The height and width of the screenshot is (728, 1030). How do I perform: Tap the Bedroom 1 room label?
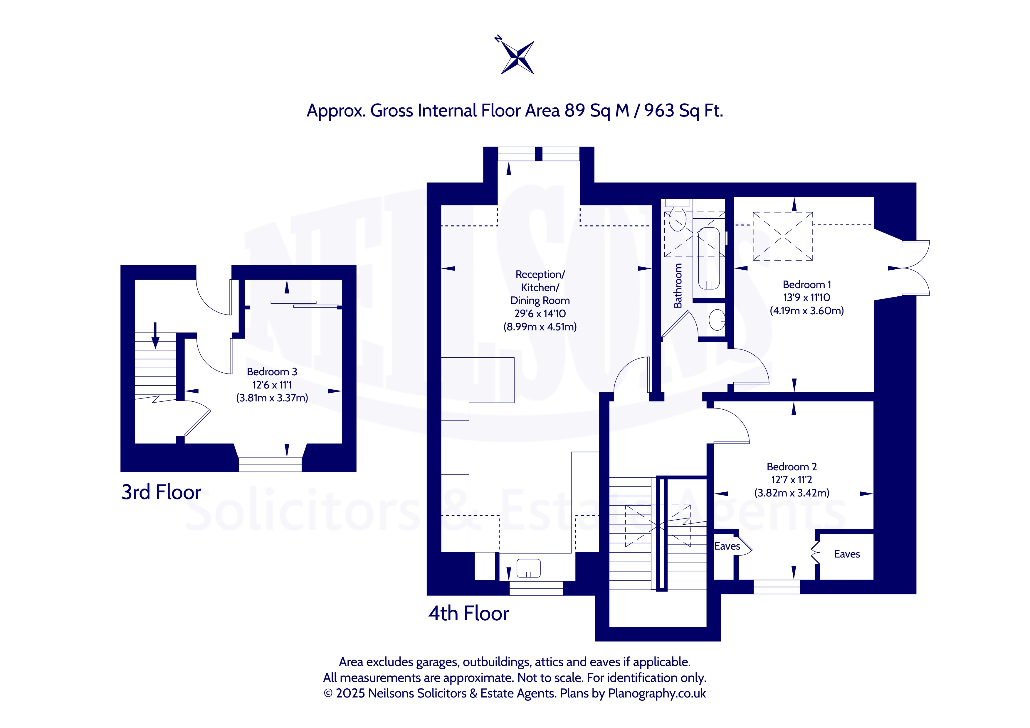coord(806,285)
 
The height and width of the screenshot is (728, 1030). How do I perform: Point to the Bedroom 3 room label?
coord(272,371)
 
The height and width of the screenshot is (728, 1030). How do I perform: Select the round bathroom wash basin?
coord(717,320)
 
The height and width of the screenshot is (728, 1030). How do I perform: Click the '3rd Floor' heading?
coord(161,492)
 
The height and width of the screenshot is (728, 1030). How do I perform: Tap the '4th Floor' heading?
coord(468,613)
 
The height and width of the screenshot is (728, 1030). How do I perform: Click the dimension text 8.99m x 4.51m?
coord(540,327)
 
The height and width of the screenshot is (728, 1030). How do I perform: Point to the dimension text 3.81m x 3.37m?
coord(272,398)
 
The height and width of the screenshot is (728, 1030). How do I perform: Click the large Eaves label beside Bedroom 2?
coord(847,554)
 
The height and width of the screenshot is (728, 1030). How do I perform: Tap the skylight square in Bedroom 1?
coord(782,236)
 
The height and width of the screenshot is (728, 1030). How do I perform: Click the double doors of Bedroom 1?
coord(915,268)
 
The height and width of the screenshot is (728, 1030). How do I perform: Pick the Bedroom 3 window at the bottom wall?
coord(270,464)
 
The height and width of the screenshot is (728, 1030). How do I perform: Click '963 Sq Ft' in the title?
coord(684,111)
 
